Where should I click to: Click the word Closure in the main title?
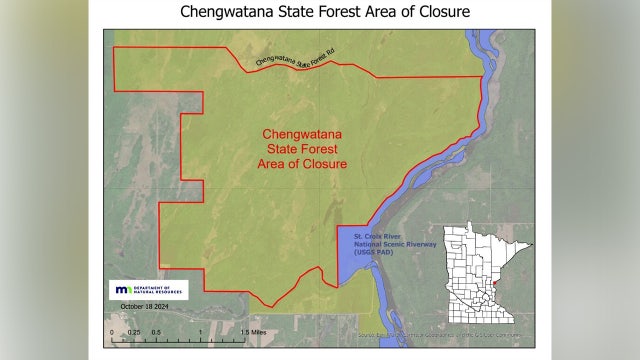(x=432, y=14)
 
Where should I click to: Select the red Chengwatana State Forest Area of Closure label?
(x=304, y=149)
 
